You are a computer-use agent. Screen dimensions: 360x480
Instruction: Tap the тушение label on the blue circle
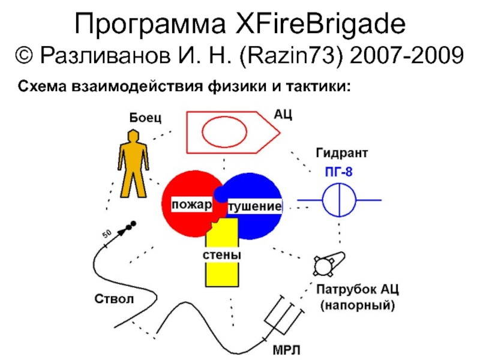click(254, 206)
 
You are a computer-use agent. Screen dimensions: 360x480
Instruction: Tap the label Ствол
click(111, 299)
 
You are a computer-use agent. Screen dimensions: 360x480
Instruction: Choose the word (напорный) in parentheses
click(357, 306)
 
